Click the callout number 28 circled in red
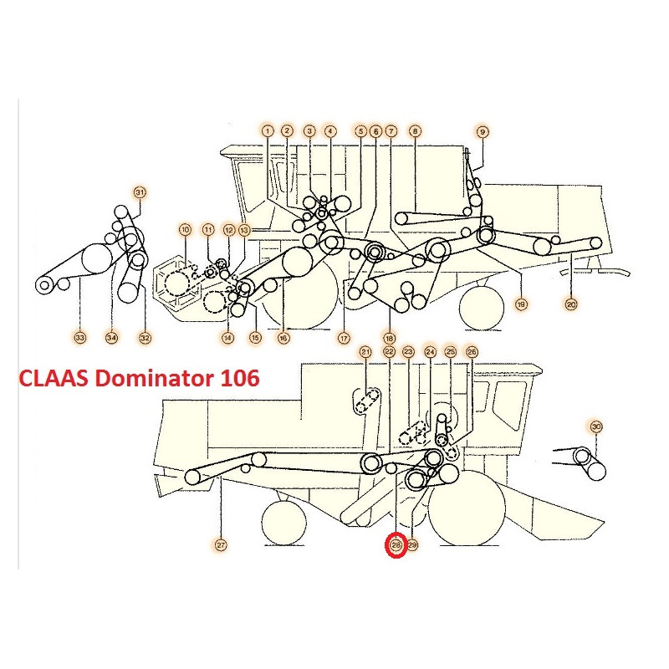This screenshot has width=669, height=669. click(x=396, y=545)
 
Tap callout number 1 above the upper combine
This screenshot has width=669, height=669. click(x=268, y=131)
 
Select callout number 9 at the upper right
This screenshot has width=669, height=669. click(x=482, y=131)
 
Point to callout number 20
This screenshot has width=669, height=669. click(x=571, y=304)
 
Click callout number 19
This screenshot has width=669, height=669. click(x=521, y=304)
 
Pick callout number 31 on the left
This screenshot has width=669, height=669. click(x=140, y=192)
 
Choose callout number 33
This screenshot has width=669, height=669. click(x=79, y=338)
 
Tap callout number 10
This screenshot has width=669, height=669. click(x=185, y=229)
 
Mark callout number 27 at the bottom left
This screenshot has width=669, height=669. click(x=221, y=545)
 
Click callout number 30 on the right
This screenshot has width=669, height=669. click(x=595, y=426)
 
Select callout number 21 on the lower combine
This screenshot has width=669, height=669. click(x=365, y=352)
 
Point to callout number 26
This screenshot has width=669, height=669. click(x=472, y=352)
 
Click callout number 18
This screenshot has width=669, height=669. click(x=390, y=338)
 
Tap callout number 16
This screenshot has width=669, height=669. click(x=283, y=338)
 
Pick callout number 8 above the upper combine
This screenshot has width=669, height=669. click(x=415, y=131)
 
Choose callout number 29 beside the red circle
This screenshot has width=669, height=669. click(x=412, y=545)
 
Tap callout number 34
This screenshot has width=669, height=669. click(x=111, y=338)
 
